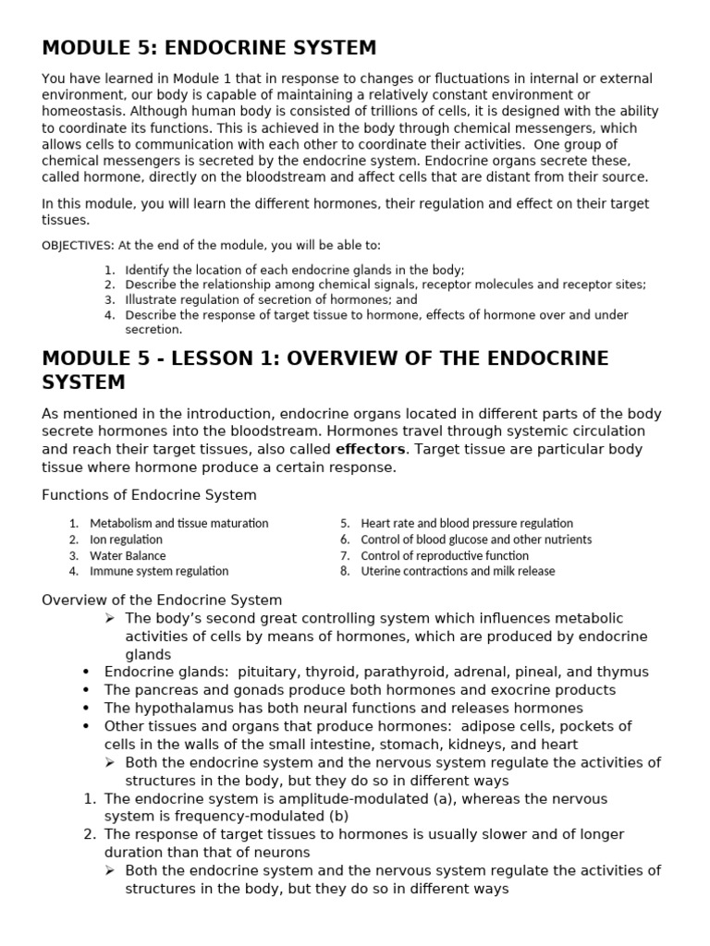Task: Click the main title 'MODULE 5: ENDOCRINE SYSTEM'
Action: point(209,47)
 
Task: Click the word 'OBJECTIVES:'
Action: point(78,245)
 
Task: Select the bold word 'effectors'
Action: point(370,449)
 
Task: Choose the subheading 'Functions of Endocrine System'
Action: point(149,495)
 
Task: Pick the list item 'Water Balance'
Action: point(128,556)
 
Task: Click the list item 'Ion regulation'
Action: point(126,540)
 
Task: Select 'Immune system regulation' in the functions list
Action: point(158,572)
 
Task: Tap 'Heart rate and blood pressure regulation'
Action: point(467,524)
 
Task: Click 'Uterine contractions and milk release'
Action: point(458,572)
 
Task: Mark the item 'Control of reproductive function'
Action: point(445,556)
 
